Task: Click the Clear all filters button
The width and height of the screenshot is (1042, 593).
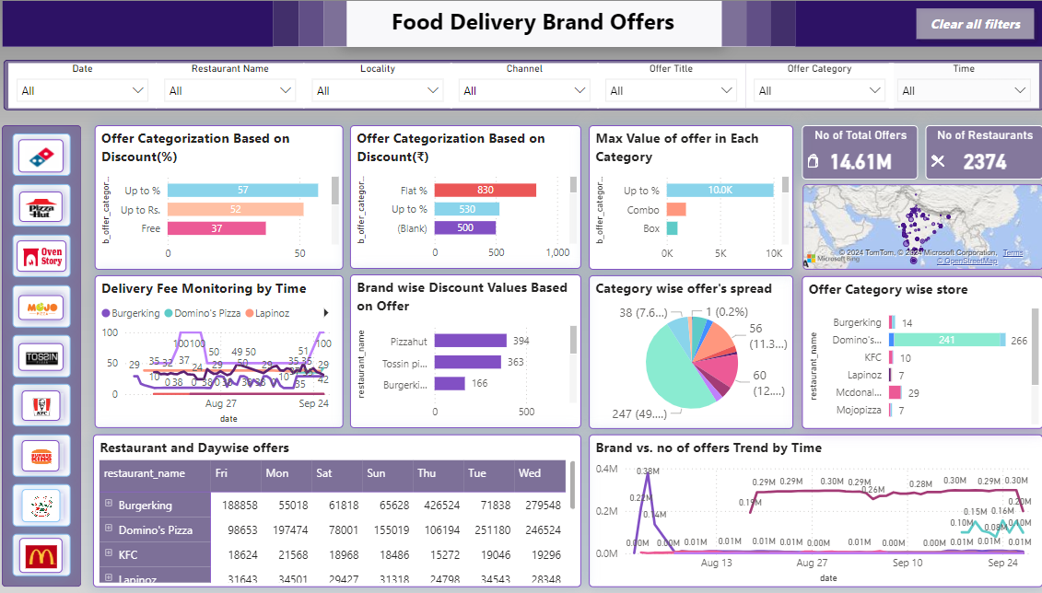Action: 975,24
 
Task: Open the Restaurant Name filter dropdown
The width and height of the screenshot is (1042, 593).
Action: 229,90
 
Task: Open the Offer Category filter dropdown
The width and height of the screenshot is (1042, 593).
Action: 819,90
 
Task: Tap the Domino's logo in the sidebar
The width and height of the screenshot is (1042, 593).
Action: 42,156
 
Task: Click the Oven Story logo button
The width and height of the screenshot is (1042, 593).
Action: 42,256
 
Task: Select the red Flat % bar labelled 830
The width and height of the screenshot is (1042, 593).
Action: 485,191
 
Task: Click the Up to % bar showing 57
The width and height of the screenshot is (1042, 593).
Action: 242,191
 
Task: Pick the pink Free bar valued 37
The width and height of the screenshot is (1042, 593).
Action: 217,228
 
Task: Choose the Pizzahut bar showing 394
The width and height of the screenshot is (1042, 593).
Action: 470,342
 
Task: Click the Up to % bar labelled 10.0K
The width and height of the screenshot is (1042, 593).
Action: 720,191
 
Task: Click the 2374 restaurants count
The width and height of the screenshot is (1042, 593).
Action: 985,162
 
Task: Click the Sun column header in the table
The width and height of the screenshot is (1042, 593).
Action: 377,473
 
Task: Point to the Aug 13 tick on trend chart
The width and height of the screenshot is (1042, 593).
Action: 716,563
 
